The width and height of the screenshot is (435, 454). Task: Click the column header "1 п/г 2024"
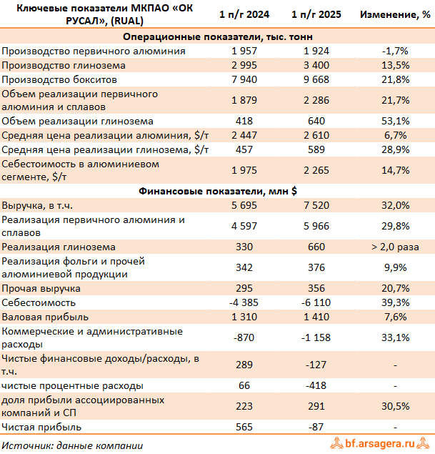244,14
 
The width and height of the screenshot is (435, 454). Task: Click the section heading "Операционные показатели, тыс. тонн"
217,36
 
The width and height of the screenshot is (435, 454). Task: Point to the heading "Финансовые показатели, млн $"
217,191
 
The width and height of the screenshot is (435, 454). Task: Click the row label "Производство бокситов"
60,79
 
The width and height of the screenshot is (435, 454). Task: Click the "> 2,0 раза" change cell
394,247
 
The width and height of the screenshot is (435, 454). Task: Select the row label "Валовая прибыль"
46,317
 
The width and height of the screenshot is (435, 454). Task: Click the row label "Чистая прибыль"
41,427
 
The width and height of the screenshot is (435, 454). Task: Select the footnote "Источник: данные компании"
72,445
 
